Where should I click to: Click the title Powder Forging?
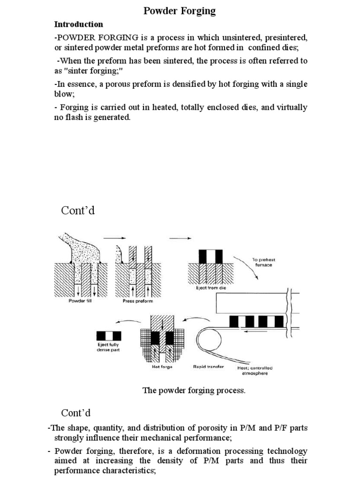[x=179, y=11]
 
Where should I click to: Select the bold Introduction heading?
[x=78, y=24]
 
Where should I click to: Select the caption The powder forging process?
[x=194, y=391]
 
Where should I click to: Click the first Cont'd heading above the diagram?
[x=78, y=211]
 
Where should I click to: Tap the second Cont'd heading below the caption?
[x=75, y=413]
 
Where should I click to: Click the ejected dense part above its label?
[x=108, y=336]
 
